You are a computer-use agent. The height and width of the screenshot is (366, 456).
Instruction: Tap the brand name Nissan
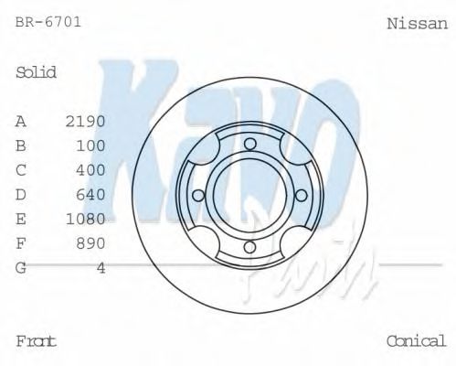(418, 23)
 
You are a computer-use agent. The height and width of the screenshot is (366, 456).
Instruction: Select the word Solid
(37, 72)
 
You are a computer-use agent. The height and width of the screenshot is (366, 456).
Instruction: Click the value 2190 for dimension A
(86, 121)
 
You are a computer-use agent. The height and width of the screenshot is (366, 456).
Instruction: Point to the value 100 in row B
(91, 145)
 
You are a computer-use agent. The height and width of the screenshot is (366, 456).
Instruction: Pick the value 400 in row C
(91, 170)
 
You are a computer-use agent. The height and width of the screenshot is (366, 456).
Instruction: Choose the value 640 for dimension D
(91, 195)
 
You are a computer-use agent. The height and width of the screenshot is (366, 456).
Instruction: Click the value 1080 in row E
(86, 219)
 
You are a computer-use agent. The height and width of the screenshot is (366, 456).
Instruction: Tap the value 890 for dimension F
(91, 243)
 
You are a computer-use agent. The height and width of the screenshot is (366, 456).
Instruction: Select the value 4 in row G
(101, 267)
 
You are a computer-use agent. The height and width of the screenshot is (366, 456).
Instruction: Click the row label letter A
(21, 121)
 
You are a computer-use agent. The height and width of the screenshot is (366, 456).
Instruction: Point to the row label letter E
(21, 219)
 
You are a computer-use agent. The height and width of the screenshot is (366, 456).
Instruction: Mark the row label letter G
(21, 267)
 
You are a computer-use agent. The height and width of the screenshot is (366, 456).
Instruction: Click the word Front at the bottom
(37, 341)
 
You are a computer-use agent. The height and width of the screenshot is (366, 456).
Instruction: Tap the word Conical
(416, 341)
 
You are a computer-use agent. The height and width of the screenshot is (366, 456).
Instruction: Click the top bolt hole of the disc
(249, 142)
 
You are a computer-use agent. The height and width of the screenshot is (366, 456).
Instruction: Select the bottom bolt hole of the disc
(249, 246)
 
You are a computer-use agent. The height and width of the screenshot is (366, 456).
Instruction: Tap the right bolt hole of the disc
(301, 194)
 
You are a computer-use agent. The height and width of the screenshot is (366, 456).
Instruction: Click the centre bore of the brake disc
(249, 194)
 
